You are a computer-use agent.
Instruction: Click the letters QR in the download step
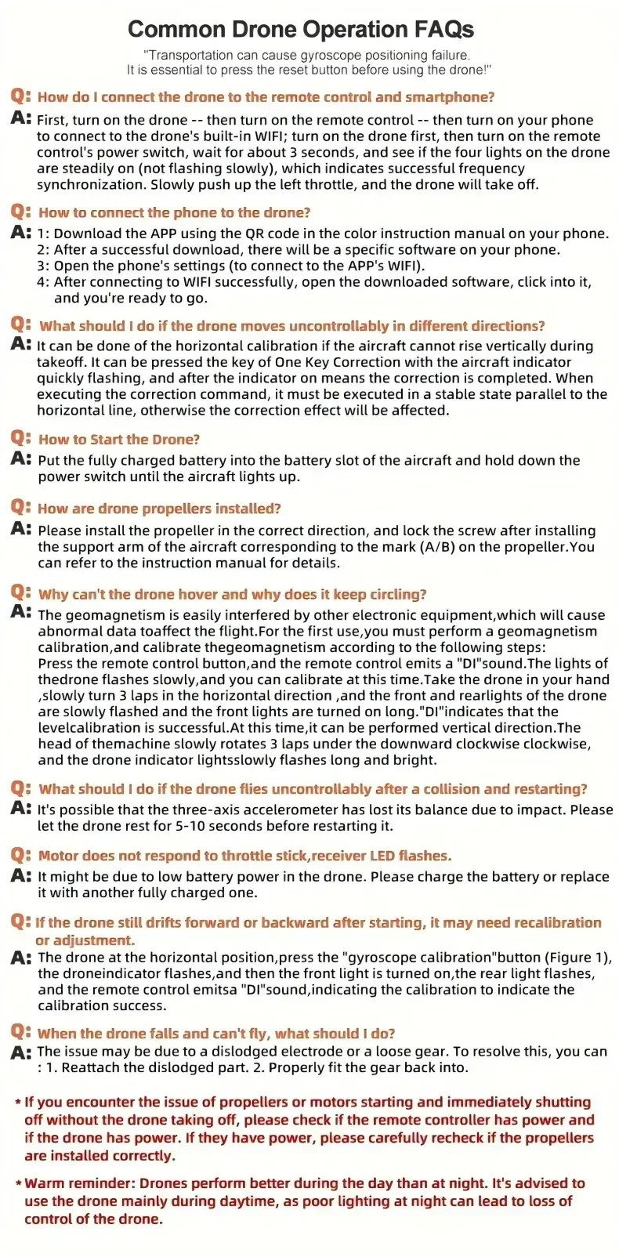(255, 234)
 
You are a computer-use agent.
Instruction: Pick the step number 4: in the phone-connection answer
(43, 282)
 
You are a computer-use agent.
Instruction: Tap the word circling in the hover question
(396, 594)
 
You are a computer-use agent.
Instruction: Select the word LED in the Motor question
(379, 856)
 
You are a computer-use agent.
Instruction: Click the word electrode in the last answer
(326, 1051)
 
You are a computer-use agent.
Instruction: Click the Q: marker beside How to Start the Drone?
(21, 438)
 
